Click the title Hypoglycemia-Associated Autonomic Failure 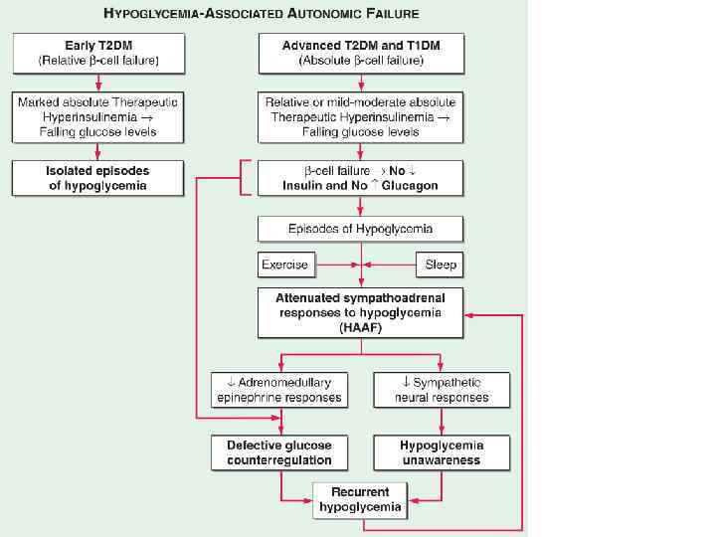coord(261,13)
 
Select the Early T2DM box coord(97,53)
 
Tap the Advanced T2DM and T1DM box coord(360,53)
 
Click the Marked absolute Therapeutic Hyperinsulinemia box coord(97,116)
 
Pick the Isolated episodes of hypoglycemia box coord(97,178)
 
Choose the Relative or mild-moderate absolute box coord(360,116)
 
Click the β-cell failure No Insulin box coord(360,178)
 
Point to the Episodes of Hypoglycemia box coord(360,229)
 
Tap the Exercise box coord(285,266)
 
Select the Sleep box coord(440,266)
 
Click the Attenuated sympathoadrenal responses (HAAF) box coord(360,311)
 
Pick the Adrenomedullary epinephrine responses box coord(278,389)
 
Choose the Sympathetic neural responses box coord(442,389)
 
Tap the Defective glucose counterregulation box coord(278,452)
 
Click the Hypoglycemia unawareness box coord(442,452)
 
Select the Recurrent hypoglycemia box coord(360,499)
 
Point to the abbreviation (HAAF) coord(360,326)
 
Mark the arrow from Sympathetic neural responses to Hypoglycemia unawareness coord(442,421)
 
